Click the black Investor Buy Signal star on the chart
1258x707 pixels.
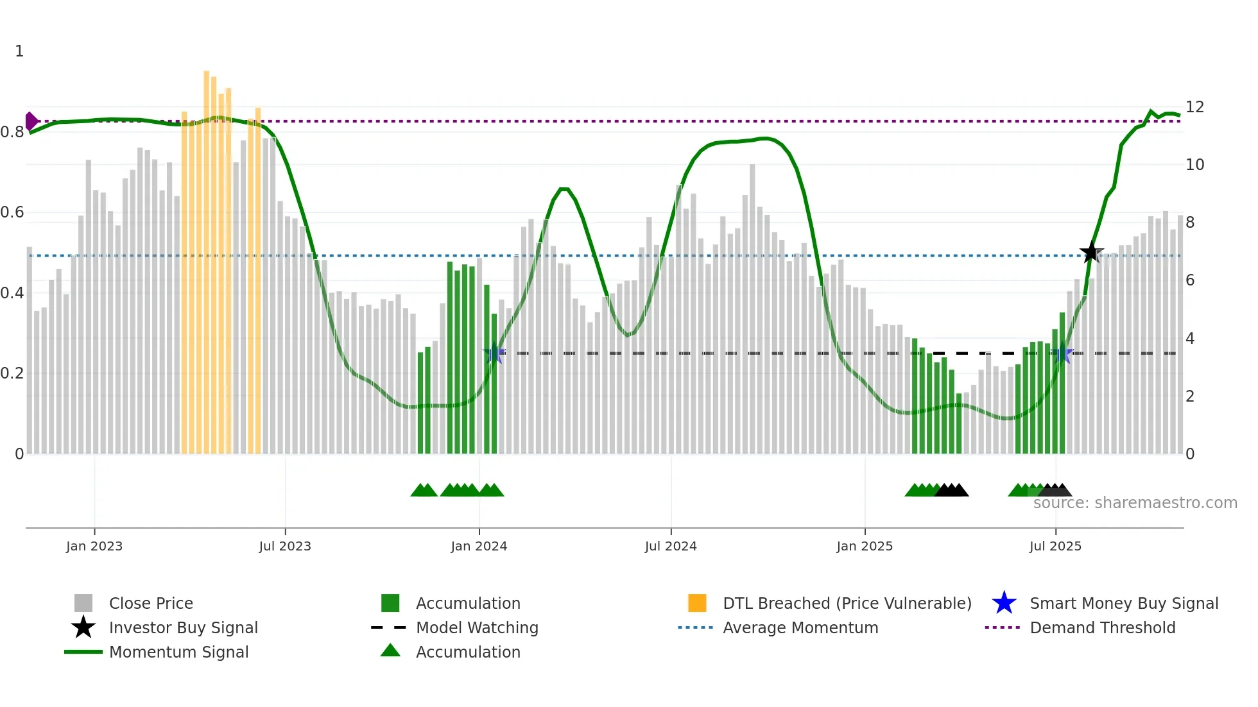1091,252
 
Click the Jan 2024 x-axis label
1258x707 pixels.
479,546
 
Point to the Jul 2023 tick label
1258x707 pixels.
285,546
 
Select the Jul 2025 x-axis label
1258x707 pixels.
1055,546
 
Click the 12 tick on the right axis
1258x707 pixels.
1194,107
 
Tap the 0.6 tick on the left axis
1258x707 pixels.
12,212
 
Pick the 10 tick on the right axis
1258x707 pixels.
1194,165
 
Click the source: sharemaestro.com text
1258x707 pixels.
1135,503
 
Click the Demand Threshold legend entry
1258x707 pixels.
1102,628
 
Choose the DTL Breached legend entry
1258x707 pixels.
847,604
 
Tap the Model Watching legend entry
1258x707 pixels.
476,628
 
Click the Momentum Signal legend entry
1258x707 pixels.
178,652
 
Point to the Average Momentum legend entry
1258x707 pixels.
800,628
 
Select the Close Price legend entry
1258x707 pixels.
151,604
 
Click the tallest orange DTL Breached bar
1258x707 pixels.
207,257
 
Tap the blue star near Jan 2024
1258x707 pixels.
494,353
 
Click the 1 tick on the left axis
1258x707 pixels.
19,51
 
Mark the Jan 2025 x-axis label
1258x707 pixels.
865,546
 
